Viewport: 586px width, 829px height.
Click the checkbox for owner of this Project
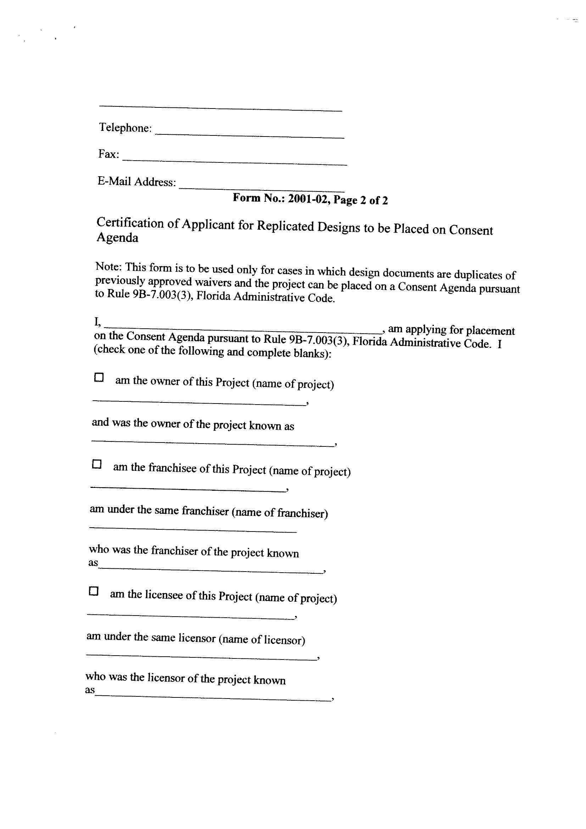tap(99, 378)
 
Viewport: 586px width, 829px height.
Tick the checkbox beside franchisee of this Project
tap(97, 464)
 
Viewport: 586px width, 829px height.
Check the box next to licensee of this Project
tap(94, 591)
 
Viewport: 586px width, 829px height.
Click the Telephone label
tap(125, 128)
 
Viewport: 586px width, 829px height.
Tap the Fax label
tap(109, 154)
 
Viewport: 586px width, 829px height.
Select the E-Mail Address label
tap(136, 181)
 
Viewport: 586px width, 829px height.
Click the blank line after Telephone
tap(250, 135)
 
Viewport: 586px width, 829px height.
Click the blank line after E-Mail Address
tap(261, 189)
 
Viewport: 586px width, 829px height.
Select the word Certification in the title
tap(130, 223)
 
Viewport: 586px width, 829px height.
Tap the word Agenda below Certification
tap(117, 238)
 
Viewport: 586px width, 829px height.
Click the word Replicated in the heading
tap(285, 226)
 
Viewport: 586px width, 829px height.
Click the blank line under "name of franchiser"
tap(193, 530)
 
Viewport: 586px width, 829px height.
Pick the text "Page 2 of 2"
tap(360, 200)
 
